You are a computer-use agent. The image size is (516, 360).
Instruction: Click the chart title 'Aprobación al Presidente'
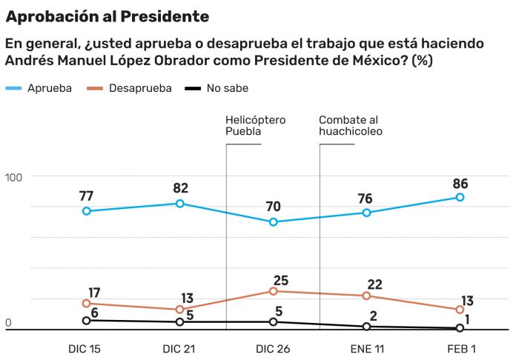point(107,17)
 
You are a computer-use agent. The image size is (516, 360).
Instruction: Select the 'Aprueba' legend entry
point(39,88)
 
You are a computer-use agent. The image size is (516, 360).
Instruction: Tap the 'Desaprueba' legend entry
point(129,88)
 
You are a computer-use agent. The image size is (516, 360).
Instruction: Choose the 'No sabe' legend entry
point(216,88)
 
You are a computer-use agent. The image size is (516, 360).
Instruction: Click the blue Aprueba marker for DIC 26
point(273,222)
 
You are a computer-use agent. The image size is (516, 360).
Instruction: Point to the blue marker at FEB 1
point(460,197)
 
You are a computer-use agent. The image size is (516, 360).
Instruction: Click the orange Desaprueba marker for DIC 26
point(273,291)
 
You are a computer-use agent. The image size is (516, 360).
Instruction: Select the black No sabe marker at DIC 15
point(86,321)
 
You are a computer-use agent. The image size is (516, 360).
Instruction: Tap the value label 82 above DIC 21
point(180,188)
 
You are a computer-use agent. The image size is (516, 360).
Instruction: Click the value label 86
point(460,184)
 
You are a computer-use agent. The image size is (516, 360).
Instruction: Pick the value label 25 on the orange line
point(281,281)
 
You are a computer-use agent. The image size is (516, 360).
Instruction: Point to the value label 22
point(374,284)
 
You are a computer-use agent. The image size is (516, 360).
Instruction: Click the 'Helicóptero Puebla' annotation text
point(256,126)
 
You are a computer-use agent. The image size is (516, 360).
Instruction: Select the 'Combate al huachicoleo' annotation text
point(351,126)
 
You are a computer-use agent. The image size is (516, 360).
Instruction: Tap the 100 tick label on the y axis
point(13,178)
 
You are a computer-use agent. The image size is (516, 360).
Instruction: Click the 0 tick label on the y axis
point(8,323)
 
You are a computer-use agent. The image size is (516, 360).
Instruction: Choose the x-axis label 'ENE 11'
point(367,349)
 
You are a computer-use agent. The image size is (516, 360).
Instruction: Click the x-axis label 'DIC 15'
point(85,349)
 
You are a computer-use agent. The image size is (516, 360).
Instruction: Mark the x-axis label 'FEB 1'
point(461,349)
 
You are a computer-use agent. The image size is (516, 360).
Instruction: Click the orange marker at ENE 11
point(366,296)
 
